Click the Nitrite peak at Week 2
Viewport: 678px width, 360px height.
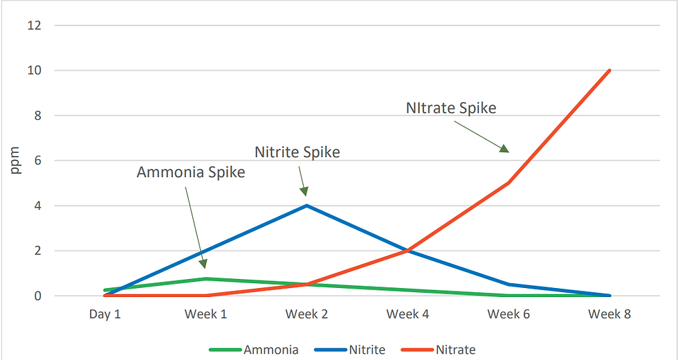point(306,206)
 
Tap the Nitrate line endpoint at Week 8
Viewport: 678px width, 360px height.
point(610,71)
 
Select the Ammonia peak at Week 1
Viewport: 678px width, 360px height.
point(205,279)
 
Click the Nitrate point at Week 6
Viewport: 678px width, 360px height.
point(508,183)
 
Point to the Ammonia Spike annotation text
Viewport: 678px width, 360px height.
point(191,172)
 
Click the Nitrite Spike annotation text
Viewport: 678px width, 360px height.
point(297,152)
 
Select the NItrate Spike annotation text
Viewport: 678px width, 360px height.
point(451,108)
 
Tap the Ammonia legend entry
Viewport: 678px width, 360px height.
point(271,350)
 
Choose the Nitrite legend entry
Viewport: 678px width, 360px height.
point(367,350)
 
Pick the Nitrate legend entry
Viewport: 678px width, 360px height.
point(455,350)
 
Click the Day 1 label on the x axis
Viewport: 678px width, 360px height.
point(105,314)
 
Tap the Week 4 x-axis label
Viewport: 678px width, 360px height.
point(407,314)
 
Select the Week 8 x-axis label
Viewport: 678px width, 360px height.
point(610,314)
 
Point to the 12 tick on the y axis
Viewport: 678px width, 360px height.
point(35,26)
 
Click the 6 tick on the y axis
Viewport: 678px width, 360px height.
point(38,161)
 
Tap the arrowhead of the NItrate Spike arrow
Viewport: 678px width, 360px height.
point(505,148)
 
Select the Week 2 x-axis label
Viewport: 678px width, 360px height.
point(306,314)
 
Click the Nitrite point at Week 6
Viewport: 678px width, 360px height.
point(508,284)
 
